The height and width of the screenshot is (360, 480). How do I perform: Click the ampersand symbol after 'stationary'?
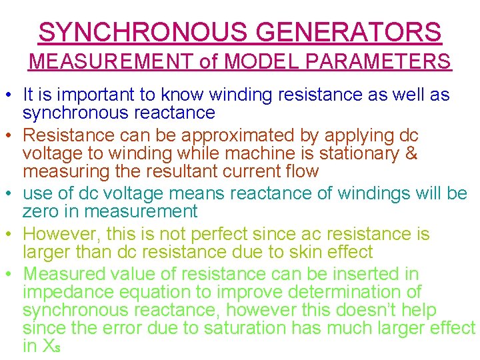click(x=411, y=153)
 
